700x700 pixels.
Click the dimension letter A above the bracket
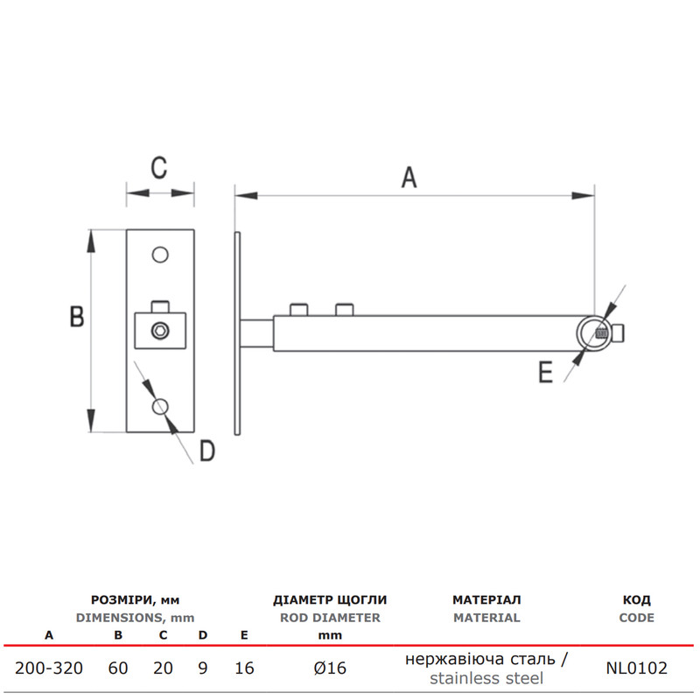pyautogui.click(x=409, y=178)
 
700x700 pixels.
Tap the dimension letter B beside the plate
pyautogui.click(x=77, y=317)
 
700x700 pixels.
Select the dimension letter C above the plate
pyautogui.click(x=159, y=168)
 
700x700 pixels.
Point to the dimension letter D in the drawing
pyautogui.click(x=207, y=451)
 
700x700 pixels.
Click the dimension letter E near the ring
pyautogui.click(x=545, y=372)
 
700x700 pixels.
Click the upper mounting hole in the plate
pyautogui.click(x=160, y=255)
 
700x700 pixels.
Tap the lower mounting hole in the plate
pyautogui.click(x=160, y=407)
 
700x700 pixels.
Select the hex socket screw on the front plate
pyautogui.click(x=160, y=331)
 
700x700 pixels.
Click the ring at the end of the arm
pyautogui.click(x=577, y=333)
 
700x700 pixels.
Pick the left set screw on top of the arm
pyautogui.click(x=298, y=310)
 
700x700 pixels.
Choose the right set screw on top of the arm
pyautogui.click(x=344, y=310)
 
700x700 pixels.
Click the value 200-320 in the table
pyautogui.click(x=49, y=668)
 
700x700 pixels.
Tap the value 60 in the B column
pyautogui.click(x=118, y=668)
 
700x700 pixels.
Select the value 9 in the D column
pyautogui.click(x=203, y=668)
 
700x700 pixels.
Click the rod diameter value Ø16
pyautogui.click(x=330, y=668)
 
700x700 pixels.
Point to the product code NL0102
pyautogui.click(x=637, y=668)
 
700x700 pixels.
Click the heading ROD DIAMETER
pyautogui.click(x=330, y=618)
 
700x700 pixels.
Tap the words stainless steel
pyautogui.click(x=486, y=679)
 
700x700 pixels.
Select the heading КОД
pyautogui.click(x=637, y=600)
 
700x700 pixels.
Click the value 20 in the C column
pyautogui.click(x=163, y=668)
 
